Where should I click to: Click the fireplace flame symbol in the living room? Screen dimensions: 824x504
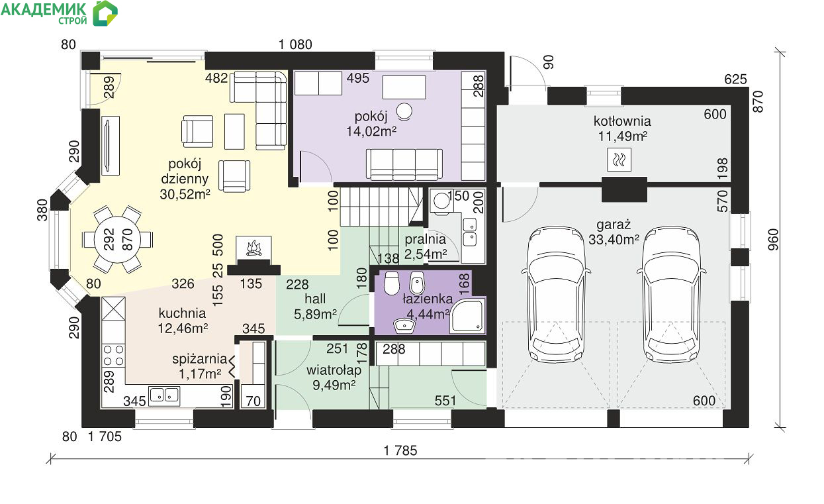tap(254, 248)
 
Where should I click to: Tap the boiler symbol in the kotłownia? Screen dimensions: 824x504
tap(619, 160)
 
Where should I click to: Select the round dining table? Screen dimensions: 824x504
tap(117, 240)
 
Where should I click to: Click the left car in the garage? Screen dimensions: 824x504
tap(556, 295)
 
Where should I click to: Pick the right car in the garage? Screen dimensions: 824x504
tap(671, 295)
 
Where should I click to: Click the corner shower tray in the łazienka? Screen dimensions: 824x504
tap(467, 315)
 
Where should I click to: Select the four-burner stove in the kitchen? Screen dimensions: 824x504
tap(113, 356)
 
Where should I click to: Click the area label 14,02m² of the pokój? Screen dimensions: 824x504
tap(371, 131)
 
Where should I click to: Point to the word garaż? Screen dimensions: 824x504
tap(614, 225)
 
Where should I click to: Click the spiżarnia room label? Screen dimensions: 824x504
tap(200, 358)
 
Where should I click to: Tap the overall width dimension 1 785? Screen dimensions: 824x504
tap(400, 450)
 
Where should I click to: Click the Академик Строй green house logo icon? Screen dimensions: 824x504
tap(105, 14)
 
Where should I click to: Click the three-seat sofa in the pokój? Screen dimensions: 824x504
tap(404, 164)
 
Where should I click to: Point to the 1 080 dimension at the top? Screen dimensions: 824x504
tap(295, 44)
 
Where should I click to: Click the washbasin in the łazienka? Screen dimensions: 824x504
tap(404, 326)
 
